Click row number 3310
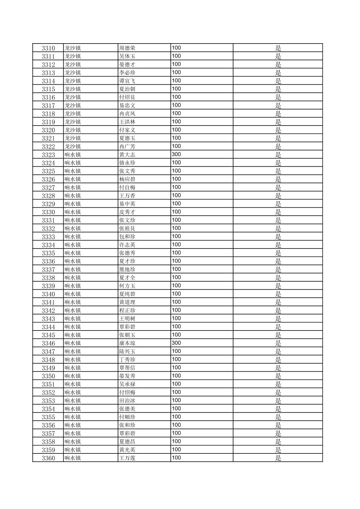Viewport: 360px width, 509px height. tap(48, 48)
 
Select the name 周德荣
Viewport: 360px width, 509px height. tap(127, 48)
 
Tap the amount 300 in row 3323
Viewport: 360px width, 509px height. tap(176, 154)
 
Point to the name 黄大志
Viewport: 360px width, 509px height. tap(127, 155)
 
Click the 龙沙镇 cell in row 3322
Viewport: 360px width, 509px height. tap(73, 146)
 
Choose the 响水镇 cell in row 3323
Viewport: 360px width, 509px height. tap(73, 155)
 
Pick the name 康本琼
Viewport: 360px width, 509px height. tap(127, 343)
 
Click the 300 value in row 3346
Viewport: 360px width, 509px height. tap(176, 343)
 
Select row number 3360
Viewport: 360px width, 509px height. tap(48, 458)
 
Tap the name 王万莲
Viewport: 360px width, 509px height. tap(127, 458)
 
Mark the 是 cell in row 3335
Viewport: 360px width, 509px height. tap(278, 253)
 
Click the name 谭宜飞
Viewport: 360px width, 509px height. tap(127, 81)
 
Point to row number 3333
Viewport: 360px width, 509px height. tap(48, 237)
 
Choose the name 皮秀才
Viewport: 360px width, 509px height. tap(127, 212)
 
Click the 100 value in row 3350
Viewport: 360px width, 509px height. tap(176, 376)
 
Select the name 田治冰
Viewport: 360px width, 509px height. tap(127, 401)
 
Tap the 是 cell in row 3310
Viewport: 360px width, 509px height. tap(278, 48)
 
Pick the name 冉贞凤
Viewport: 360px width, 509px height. tap(127, 114)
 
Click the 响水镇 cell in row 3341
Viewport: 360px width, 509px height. tap(73, 302)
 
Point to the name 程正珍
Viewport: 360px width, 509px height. tap(127, 310)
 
